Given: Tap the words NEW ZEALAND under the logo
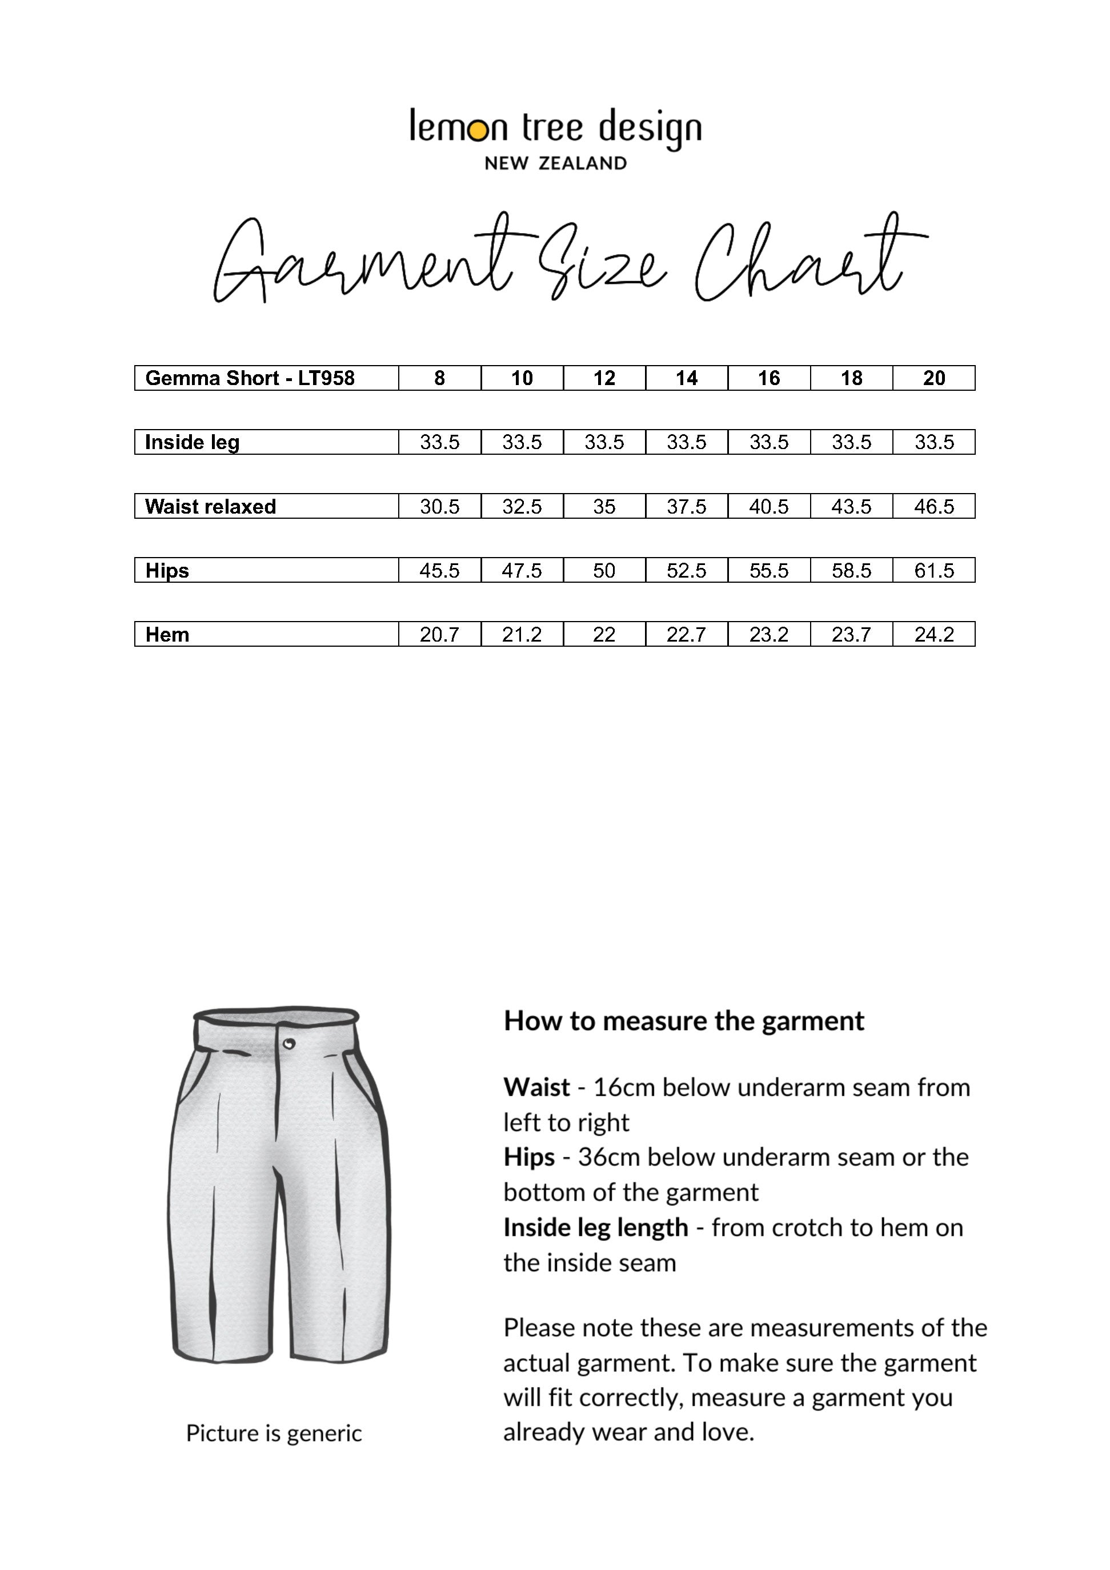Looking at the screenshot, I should tap(555, 163).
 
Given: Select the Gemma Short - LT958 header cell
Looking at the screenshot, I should tap(250, 378).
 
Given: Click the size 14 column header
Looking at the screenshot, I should tap(686, 378).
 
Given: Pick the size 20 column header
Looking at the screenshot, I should tap(933, 378).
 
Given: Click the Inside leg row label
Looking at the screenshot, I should tap(192, 442).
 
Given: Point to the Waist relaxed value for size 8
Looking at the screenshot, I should tap(440, 507).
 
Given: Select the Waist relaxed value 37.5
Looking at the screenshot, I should tap(686, 507).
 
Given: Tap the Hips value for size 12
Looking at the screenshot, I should tap(604, 570).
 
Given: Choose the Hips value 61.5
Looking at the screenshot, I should tap(933, 570).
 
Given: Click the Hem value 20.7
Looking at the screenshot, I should tap(440, 635).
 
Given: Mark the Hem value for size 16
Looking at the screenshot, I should tap(769, 635).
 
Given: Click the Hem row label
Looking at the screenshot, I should tap(167, 635).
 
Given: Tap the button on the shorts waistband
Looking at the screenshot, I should tap(288, 1043).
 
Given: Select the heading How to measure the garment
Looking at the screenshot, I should tap(684, 1021).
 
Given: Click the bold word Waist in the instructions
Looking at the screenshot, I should tap(537, 1087).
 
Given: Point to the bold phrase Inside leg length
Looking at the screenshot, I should tap(596, 1227).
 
